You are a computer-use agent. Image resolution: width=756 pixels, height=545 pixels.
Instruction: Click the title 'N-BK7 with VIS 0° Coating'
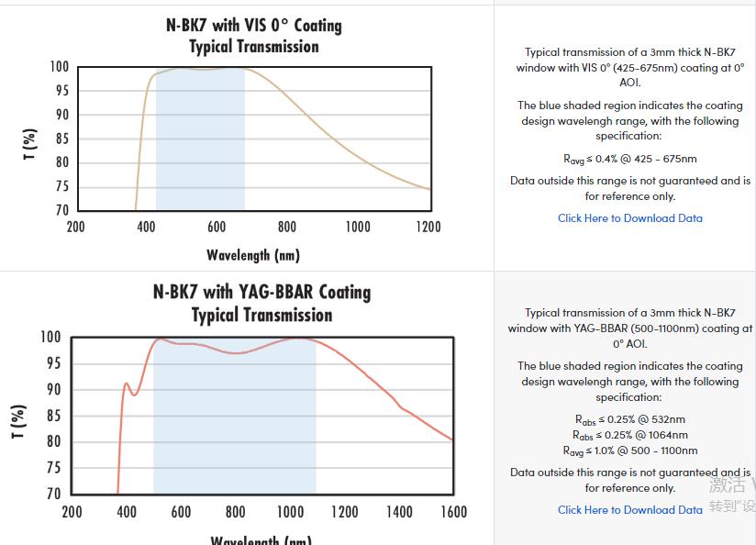(253, 25)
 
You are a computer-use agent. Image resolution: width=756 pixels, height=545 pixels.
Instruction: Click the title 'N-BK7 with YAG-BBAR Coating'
(261, 292)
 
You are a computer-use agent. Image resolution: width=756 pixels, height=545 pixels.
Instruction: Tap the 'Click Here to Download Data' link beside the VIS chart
(629, 218)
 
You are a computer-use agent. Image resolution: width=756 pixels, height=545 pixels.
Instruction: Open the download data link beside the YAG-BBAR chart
(629, 510)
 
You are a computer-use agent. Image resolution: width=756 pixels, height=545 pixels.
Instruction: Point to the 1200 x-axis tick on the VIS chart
(428, 227)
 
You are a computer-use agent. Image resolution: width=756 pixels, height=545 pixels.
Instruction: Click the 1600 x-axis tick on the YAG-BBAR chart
(453, 512)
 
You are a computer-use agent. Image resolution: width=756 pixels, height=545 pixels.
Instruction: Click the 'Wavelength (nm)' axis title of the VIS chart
(253, 255)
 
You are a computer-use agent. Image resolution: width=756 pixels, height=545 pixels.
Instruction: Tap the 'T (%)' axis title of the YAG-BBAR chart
(18, 421)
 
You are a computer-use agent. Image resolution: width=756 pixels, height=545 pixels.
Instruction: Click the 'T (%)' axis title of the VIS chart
(30, 145)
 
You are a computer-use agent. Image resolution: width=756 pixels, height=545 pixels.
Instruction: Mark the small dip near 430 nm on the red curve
(134, 395)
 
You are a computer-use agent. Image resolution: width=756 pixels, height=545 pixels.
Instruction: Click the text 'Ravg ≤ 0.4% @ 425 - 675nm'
(629, 159)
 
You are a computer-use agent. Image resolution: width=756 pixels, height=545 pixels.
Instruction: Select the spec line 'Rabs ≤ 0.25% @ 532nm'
(629, 419)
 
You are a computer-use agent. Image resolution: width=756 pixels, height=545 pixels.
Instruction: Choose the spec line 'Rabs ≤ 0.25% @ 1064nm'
(629, 435)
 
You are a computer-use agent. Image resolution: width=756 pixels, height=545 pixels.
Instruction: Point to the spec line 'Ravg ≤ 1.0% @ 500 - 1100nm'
(629, 450)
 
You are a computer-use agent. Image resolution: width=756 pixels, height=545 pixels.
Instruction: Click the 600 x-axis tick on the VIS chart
(217, 227)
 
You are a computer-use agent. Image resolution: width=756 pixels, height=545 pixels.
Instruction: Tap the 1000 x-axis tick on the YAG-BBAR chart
(290, 512)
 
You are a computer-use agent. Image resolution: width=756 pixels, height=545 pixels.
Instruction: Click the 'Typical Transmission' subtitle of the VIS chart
(253, 47)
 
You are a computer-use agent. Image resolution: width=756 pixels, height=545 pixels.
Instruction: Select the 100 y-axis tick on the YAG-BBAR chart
(50, 338)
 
